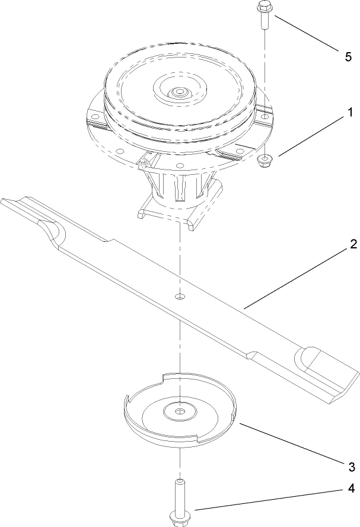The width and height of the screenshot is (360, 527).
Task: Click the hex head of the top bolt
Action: click(x=263, y=8)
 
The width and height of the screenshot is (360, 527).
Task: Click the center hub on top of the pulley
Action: click(x=178, y=92)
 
